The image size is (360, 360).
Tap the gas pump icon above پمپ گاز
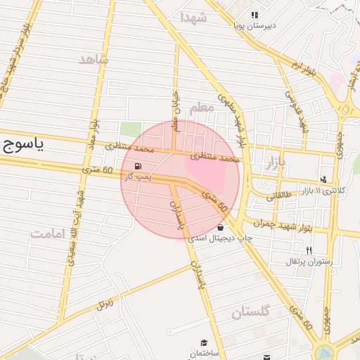pos(136,166)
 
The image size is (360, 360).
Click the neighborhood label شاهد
pos(94,60)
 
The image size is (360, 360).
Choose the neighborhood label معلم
pos(200,107)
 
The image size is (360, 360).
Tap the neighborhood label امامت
pos(48,233)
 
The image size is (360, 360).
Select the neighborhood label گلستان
pos(250,312)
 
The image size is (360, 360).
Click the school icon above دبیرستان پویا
pos(254,15)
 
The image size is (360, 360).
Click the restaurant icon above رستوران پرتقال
pos(308,251)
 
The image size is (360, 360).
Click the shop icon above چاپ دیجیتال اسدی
pos(221,228)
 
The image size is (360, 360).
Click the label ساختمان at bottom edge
pos(204,352)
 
